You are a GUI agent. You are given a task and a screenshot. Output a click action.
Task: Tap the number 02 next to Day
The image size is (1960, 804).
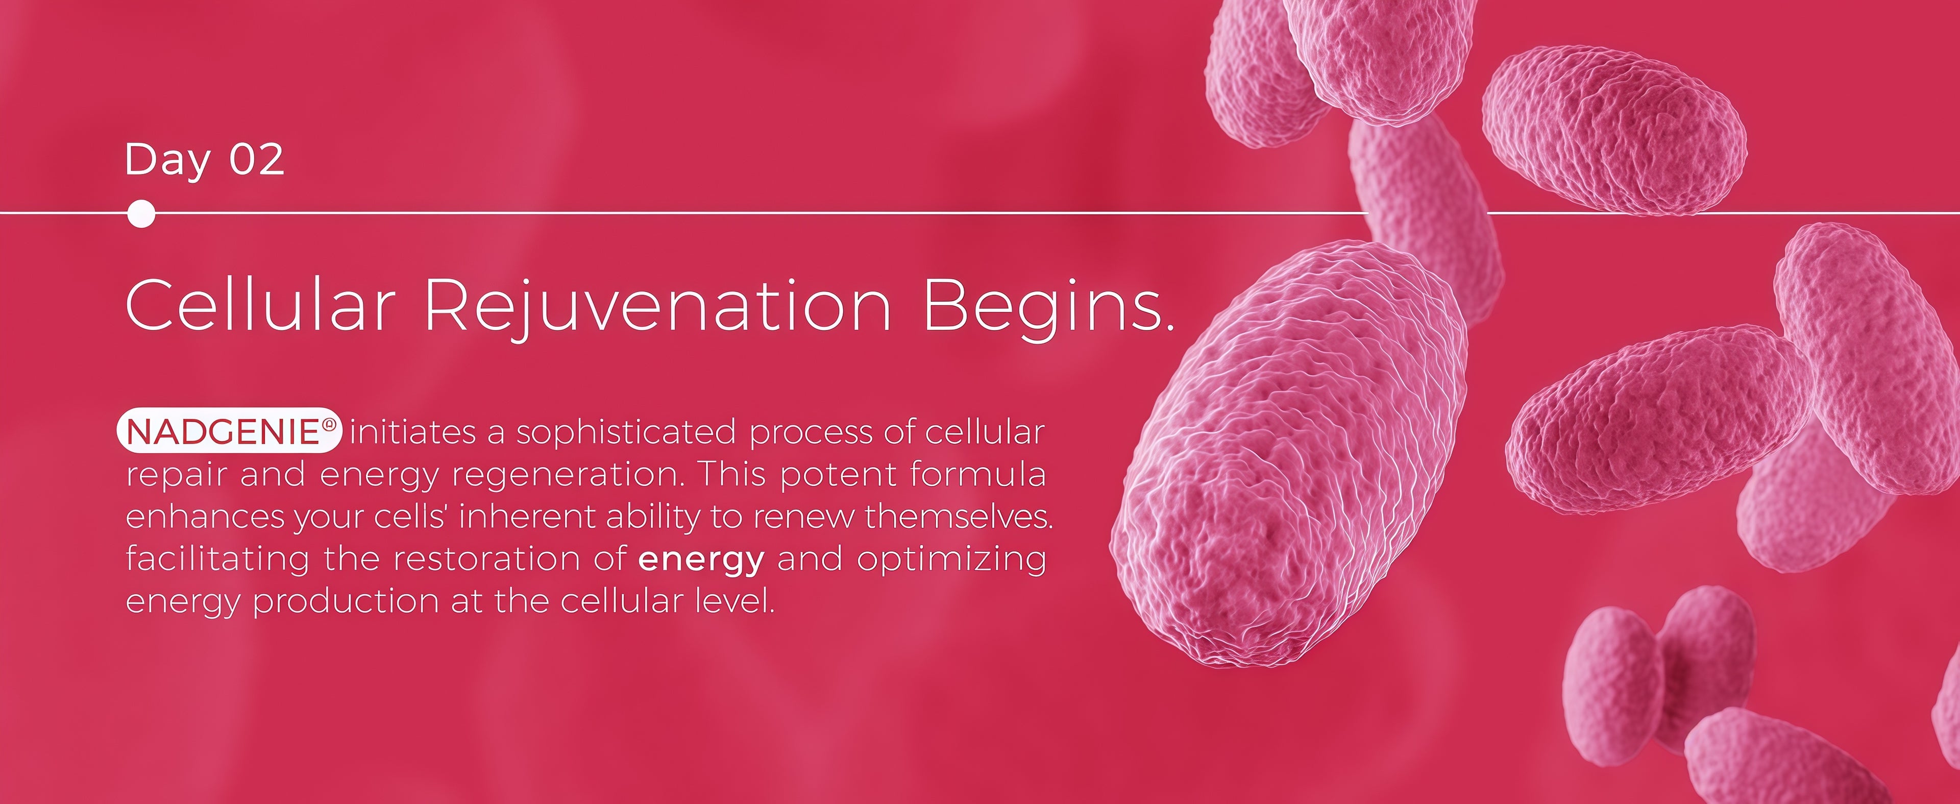click(257, 160)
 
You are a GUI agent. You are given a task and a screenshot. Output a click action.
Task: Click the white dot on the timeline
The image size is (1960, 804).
click(141, 214)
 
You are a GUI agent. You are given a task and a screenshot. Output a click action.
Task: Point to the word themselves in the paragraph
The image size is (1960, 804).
click(960, 517)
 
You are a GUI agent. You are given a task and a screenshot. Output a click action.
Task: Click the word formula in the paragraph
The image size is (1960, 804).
click(978, 474)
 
